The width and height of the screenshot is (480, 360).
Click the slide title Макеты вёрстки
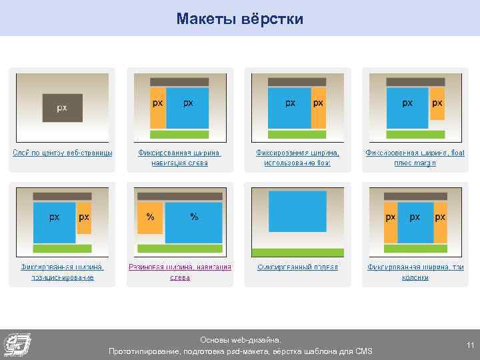240,19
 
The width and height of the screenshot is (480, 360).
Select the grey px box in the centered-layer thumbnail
62,107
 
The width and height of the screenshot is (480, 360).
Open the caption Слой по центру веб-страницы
63,153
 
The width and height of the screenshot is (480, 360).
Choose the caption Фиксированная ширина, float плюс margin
414,157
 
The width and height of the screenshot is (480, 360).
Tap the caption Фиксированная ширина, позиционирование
62,272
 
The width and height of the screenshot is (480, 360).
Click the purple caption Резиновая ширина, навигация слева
180,272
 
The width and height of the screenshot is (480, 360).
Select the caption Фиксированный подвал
297,267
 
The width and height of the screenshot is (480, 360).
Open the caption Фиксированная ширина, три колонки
414,272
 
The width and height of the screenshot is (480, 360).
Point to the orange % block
150,217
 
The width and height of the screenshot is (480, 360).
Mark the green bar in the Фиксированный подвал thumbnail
297,252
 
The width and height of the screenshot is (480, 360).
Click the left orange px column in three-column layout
390,217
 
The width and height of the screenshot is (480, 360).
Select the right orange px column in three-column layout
439,217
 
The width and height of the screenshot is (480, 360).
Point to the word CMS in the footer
363,351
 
